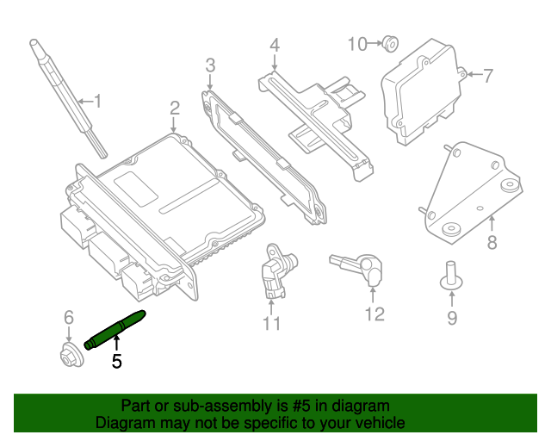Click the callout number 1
97,102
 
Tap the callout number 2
174,108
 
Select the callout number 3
210,65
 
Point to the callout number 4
274,45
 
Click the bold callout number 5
117,362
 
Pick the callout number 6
69,320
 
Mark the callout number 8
492,243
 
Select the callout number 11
272,324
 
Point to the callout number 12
375,314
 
